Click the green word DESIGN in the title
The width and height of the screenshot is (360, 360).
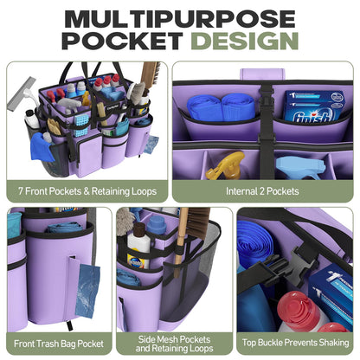[x=244, y=41]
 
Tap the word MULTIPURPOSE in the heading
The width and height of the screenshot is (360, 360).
[x=180, y=18]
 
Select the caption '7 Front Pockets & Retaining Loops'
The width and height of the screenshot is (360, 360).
[x=87, y=191]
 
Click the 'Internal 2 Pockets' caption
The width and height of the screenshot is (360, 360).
[x=262, y=191]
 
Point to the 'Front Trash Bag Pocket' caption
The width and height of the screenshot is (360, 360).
[x=59, y=344]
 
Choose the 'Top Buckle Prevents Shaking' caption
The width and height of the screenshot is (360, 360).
[x=295, y=343]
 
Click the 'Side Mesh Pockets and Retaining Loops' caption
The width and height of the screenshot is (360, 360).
[x=174, y=344]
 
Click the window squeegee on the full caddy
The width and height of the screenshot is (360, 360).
[x=22, y=94]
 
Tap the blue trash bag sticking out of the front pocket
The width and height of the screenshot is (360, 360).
[x=87, y=290]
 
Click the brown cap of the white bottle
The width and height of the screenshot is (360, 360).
[x=139, y=228]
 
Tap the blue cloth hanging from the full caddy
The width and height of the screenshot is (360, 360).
[x=42, y=147]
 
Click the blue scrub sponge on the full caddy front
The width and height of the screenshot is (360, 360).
[x=81, y=125]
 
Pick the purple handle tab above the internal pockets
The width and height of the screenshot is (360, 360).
[x=262, y=74]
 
